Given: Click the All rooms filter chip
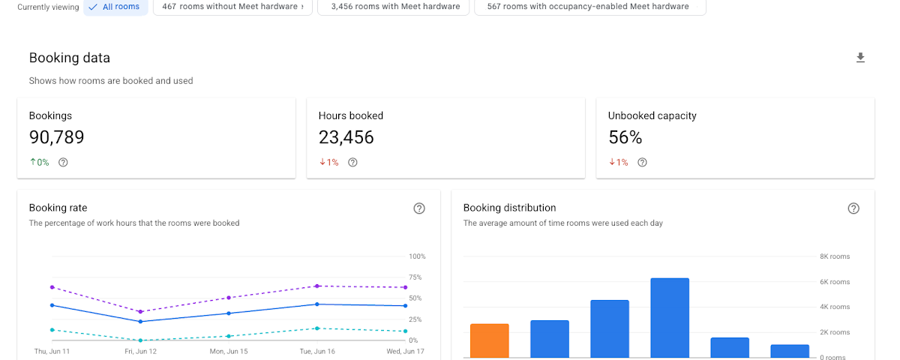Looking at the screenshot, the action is [x=115, y=7].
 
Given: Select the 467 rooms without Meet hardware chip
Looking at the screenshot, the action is [x=232, y=7].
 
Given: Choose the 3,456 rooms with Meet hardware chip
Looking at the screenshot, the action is [x=393, y=7].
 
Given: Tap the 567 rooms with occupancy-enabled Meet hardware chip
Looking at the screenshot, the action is [x=589, y=7].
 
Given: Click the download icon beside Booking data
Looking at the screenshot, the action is [x=860, y=58].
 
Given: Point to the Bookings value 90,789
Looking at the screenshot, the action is [x=57, y=137].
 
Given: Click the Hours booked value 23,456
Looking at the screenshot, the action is [x=346, y=137].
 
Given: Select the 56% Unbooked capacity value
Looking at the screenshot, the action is [x=625, y=137].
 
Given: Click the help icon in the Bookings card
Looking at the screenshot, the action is [x=63, y=162].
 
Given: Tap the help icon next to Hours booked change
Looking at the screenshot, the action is [x=352, y=162].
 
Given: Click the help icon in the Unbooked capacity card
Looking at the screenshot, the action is [x=643, y=162].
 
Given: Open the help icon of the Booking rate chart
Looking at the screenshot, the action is [x=419, y=208].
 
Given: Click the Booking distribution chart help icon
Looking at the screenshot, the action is [x=853, y=208].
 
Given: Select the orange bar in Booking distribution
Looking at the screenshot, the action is [x=489, y=340].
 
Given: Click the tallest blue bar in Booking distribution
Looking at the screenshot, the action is [x=670, y=318].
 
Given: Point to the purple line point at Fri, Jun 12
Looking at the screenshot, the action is [x=141, y=312].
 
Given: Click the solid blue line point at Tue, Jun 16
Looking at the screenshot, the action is [x=317, y=304].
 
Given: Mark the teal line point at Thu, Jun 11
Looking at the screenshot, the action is [x=52, y=330].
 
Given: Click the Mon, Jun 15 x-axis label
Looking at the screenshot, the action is [x=229, y=351].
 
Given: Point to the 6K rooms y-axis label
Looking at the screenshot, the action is [x=835, y=282].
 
